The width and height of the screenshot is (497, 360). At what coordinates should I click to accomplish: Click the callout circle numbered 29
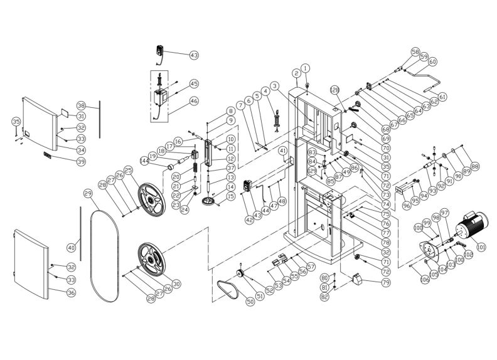(x=88, y=193)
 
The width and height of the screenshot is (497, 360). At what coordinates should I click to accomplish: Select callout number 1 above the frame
(x=306, y=68)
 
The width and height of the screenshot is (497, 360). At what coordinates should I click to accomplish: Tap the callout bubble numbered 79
(x=376, y=283)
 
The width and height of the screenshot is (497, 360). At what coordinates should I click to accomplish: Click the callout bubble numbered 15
(x=230, y=196)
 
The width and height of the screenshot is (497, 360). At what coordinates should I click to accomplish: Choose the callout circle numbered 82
(x=324, y=297)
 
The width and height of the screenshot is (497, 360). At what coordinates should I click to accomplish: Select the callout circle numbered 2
(x=296, y=73)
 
